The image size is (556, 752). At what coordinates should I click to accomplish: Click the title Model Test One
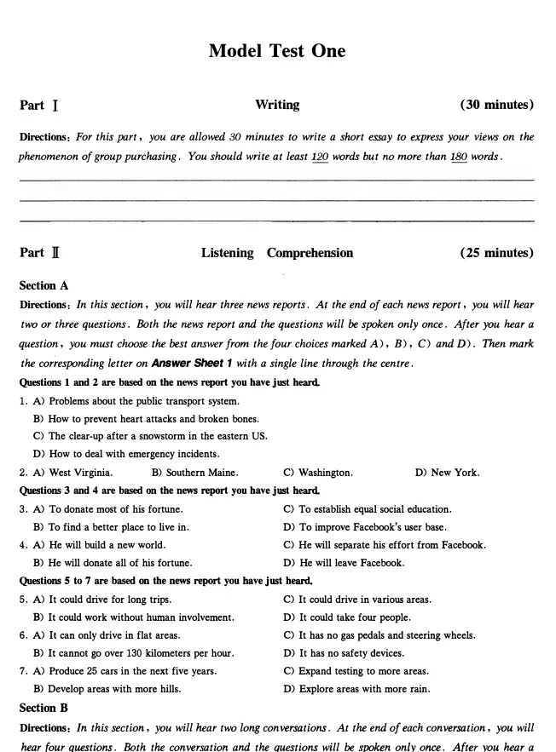tap(277, 51)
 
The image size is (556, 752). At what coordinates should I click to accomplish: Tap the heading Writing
tap(277, 105)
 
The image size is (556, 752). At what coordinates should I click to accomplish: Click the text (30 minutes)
tap(497, 105)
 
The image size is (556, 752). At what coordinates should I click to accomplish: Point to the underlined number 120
tap(320, 157)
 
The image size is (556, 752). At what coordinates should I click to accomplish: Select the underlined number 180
tap(459, 157)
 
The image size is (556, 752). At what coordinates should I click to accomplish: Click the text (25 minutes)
tap(497, 253)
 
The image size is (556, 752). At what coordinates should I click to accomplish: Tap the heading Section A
tap(43, 286)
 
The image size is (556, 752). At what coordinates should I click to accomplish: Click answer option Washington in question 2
tap(325, 473)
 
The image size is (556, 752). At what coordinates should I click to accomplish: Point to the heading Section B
tap(43, 709)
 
